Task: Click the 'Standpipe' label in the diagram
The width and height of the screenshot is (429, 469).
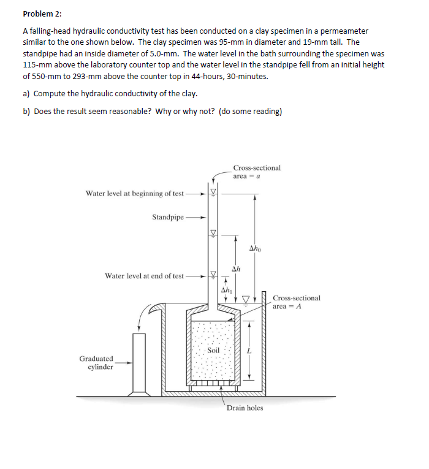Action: coord(168,217)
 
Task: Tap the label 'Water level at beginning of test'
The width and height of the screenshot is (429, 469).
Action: coord(134,194)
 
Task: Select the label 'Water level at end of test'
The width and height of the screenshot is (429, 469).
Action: coord(144,276)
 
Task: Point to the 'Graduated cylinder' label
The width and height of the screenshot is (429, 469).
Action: coord(96,363)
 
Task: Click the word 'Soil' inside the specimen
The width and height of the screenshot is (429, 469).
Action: coord(213,350)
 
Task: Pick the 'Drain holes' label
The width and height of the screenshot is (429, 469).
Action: coord(245,408)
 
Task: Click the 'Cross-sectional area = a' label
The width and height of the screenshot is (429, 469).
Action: coord(257,172)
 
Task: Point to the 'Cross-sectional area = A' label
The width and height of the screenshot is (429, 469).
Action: coord(296,302)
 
